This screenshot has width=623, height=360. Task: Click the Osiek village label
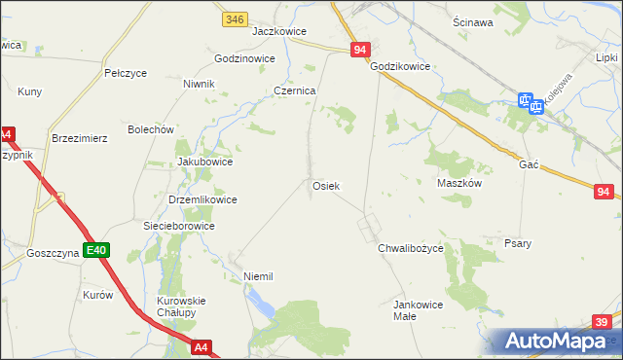(x=325, y=185)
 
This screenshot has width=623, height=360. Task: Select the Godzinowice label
(x=238, y=58)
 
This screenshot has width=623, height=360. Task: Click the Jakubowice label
(x=204, y=162)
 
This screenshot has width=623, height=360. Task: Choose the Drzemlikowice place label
(x=202, y=199)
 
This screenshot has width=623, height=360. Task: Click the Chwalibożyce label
(x=411, y=248)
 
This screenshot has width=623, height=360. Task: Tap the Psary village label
(x=517, y=243)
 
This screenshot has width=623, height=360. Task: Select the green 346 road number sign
(x=234, y=18)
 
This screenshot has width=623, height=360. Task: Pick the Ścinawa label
(x=472, y=21)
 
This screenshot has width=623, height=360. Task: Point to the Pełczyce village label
(x=125, y=73)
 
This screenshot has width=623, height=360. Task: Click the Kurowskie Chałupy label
(x=182, y=307)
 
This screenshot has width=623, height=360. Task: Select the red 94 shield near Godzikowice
(x=360, y=49)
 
